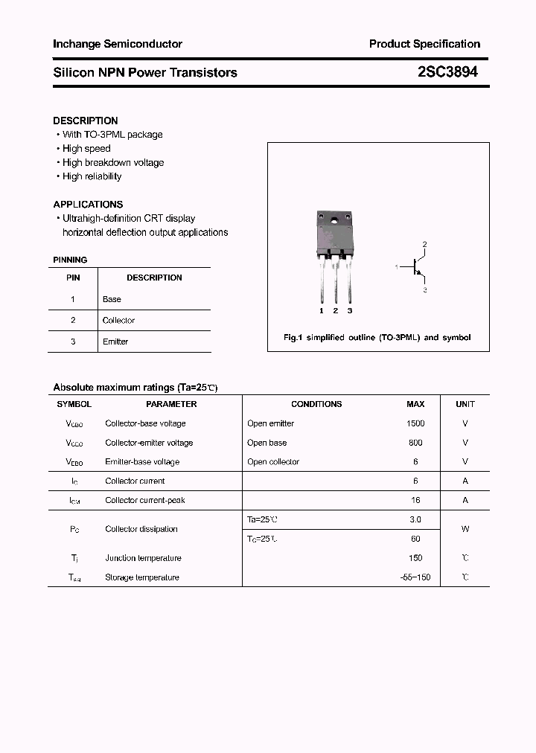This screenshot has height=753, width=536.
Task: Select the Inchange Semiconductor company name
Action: click(118, 44)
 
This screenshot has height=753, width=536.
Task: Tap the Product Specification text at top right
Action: click(424, 44)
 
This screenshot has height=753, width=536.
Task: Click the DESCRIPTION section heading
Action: click(86, 121)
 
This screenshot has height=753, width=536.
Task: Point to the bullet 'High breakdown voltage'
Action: click(113, 162)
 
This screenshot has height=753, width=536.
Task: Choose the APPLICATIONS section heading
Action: click(88, 204)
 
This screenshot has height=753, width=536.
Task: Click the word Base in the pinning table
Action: click(112, 299)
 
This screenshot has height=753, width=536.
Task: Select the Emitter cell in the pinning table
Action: click(115, 342)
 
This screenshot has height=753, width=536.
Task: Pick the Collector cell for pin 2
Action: click(118, 321)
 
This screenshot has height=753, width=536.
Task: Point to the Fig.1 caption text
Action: click(377, 337)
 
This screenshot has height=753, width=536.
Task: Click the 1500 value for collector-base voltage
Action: click(415, 423)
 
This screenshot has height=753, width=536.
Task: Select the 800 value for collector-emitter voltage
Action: click(415, 443)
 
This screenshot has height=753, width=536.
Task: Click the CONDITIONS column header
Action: click(316, 404)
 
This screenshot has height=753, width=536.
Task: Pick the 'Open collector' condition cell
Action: click(273, 462)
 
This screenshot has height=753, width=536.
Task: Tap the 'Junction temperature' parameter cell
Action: click(143, 558)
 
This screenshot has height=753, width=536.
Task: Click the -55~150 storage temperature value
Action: click(415, 577)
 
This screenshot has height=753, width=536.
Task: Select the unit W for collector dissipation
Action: click(465, 529)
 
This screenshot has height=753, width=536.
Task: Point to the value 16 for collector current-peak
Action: click(415, 501)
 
